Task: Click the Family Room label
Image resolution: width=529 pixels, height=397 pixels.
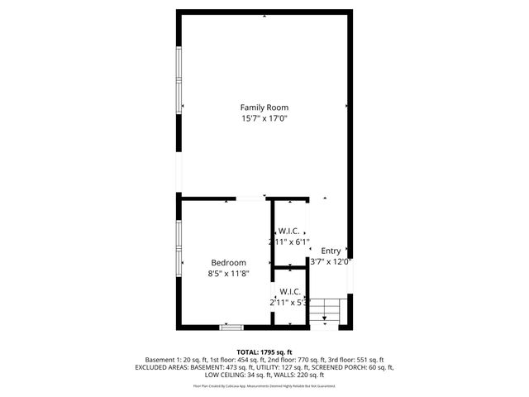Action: click(264, 108)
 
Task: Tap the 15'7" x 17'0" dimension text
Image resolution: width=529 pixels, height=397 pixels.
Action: click(264, 119)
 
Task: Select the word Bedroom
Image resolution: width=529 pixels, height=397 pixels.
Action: click(228, 262)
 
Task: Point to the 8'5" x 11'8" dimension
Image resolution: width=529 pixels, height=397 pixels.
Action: click(228, 273)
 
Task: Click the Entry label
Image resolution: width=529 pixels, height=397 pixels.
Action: click(331, 251)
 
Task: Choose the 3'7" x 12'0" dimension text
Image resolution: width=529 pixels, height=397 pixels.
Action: click(331, 262)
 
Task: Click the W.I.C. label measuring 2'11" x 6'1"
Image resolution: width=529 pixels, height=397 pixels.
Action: click(289, 231)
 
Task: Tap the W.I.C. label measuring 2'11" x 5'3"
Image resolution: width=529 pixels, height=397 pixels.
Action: click(289, 291)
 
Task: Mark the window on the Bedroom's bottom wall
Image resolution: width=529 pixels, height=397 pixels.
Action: click(231, 328)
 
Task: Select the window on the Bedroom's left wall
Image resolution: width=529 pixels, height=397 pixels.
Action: click(178, 246)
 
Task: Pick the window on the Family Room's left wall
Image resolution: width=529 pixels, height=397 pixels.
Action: click(178, 80)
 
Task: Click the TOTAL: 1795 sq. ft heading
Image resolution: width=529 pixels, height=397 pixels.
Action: click(264, 352)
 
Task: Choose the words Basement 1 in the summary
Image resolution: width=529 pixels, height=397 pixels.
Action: click(155, 360)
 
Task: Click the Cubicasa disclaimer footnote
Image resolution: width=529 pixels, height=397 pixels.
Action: click(264, 385)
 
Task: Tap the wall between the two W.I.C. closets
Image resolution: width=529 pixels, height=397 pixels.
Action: click(290, 267)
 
